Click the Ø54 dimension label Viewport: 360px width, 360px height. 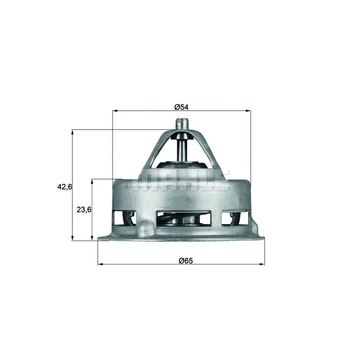181,107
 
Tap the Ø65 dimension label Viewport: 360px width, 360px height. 186,261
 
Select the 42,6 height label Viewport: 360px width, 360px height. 64,187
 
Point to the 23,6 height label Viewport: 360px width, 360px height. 84,209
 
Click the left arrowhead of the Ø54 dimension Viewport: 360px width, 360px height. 115,111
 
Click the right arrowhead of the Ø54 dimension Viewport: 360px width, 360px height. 248,111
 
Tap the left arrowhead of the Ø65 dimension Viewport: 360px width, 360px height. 100,264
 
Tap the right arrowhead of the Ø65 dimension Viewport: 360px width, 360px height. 262,264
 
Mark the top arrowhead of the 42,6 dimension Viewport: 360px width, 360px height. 72,132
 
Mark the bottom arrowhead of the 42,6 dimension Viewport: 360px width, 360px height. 72,238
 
